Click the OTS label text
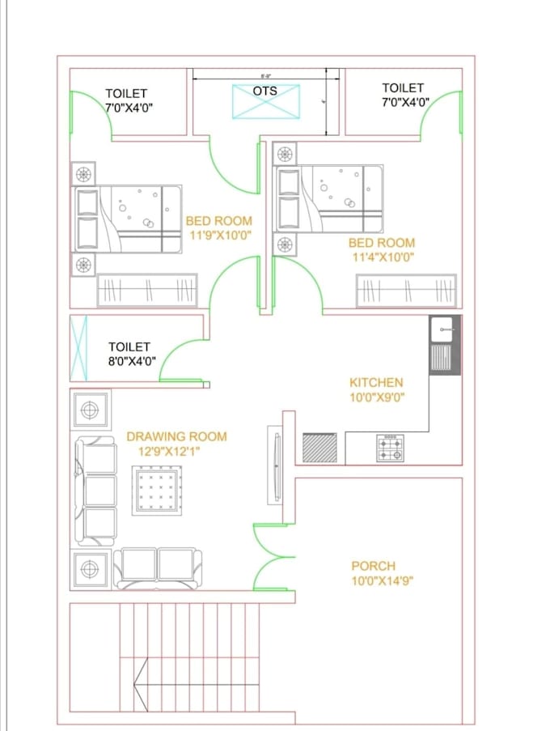(264, 91)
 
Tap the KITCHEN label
(376, 382)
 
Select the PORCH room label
(373, 566)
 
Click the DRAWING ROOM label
(176, 436)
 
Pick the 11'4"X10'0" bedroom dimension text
(382, 257)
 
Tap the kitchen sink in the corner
(444, 344)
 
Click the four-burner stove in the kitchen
(390, 448)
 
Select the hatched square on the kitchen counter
(319, 448)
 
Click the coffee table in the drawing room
(161, 490)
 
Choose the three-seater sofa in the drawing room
(96, 491)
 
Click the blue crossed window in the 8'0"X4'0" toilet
(78, 348)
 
